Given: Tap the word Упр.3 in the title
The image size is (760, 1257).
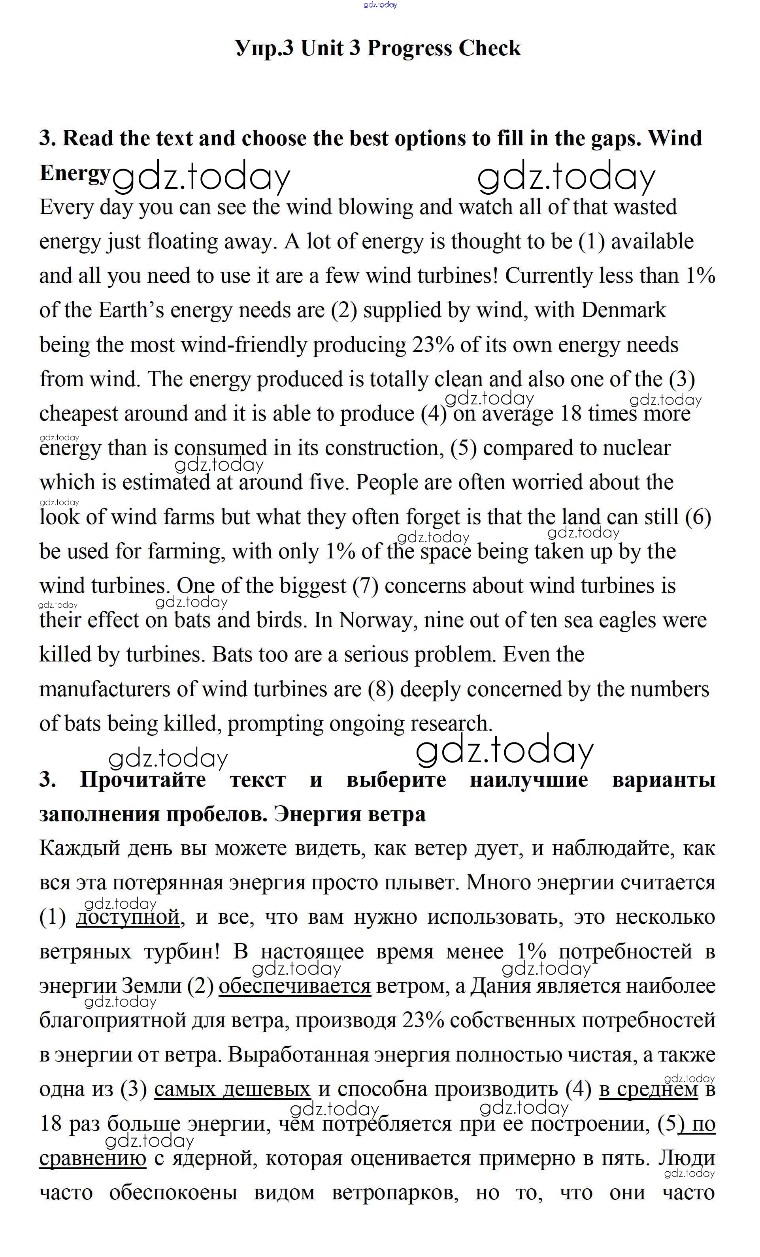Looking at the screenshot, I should (264, 49).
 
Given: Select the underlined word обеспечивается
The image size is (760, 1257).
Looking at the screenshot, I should (294, 986).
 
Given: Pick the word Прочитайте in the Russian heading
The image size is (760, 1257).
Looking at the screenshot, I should (143, 780).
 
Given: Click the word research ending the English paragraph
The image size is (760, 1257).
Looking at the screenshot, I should (450, 724).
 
